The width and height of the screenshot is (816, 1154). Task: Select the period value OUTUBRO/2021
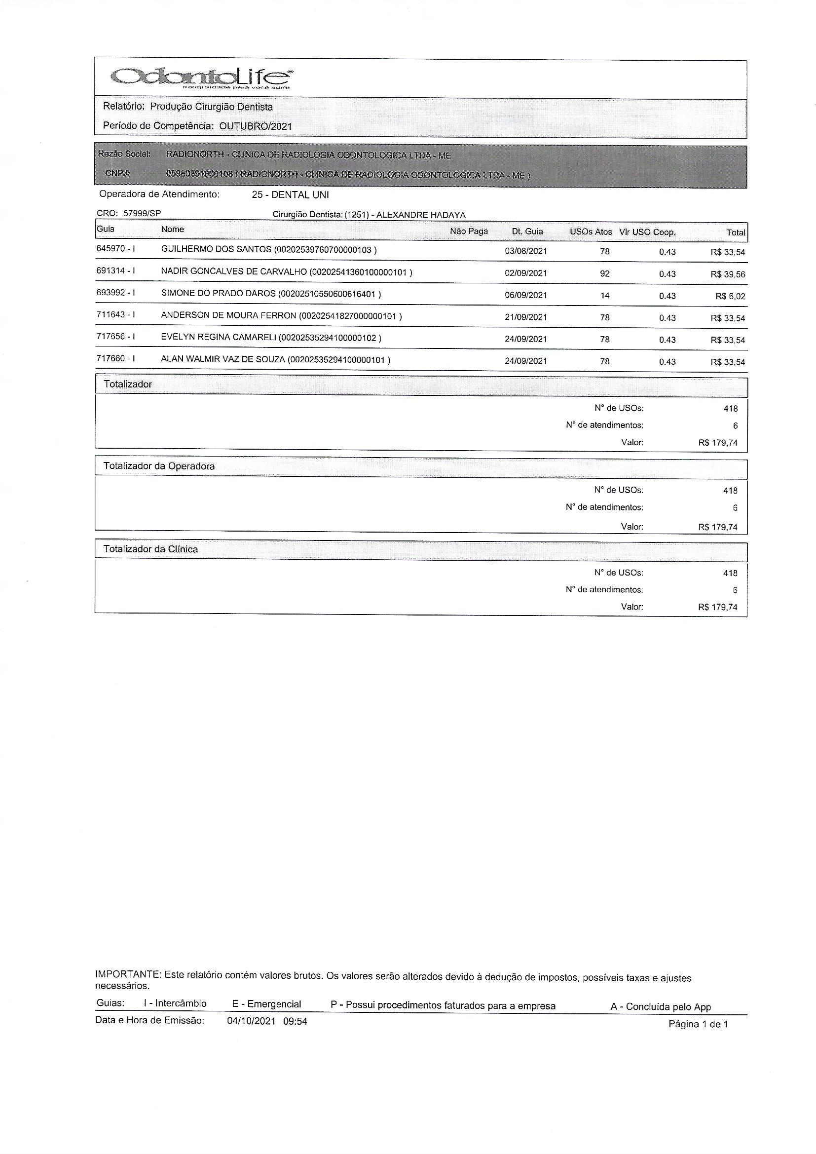coord(255,126)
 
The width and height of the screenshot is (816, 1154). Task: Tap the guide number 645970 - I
coord(115,249)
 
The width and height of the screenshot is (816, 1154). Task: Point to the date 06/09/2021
coord(525,296)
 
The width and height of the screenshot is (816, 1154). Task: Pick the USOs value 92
coord(604,274)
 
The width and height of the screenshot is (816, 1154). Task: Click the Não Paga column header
coord(469,231)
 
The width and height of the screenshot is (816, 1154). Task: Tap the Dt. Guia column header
coord(527,231)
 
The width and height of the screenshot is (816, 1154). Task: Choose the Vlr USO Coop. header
coord(647,232)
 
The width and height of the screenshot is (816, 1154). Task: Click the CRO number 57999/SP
coord(142,213)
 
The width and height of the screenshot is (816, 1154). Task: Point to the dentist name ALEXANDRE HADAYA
coord(420,215)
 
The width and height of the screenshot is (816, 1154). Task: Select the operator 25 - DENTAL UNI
coord(290,195)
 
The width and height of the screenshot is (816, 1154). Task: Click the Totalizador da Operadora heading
coord(159,466)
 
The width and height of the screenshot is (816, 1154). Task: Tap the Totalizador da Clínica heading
coord(150,549)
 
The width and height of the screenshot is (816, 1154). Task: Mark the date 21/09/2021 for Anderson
coord(525,318)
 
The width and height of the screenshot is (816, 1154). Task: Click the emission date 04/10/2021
coord(251,1022)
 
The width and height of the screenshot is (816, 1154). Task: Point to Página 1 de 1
coord(698,1024)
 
